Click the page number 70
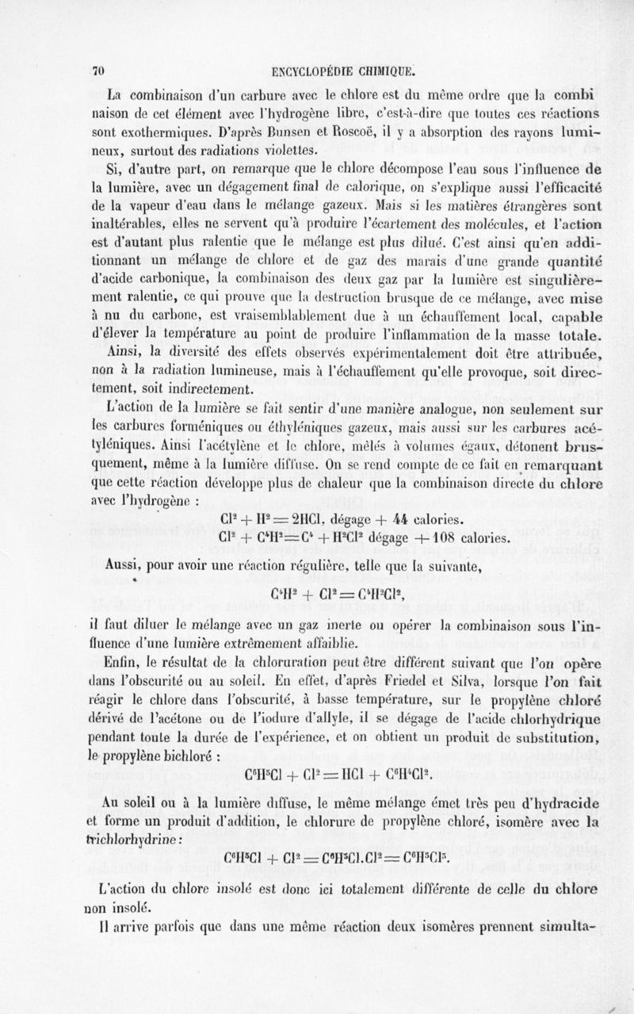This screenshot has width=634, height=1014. [99, 69]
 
